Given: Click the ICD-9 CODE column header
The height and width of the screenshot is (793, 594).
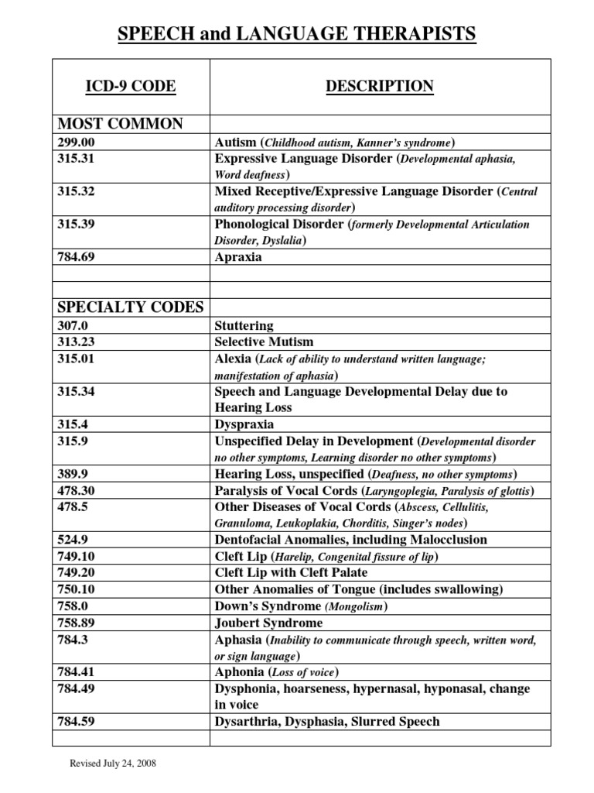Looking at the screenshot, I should [131, 87].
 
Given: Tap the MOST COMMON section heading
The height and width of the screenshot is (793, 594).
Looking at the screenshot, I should [120, 124].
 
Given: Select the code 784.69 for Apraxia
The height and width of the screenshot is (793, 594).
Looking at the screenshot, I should [75, 256].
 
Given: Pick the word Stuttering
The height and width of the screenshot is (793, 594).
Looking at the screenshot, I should [244, 325].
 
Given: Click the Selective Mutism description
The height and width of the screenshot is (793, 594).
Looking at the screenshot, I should [264, 342].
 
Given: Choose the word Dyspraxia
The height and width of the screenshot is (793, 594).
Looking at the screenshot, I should [244, 424].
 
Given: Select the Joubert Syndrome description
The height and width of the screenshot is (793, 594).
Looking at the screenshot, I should [268, 623].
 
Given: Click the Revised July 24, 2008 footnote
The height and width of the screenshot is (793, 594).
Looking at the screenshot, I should [113, 763].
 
